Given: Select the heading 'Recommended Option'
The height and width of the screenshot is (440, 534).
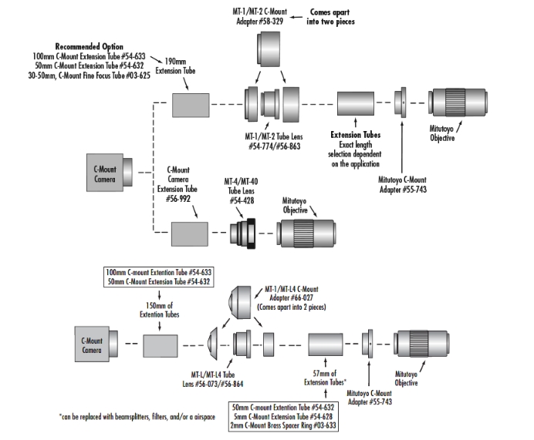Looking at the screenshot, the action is point(90,46).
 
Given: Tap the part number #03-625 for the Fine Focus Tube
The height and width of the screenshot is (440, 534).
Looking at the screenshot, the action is point(138,76).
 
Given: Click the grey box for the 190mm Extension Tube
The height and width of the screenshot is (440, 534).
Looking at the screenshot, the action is point(191,106).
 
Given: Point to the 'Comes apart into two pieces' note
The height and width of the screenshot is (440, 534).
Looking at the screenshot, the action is point(330,17).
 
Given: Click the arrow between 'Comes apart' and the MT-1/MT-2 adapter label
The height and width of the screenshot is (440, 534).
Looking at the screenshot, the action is point(296,17).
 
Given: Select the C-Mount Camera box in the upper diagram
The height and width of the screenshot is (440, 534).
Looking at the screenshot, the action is point(110,173).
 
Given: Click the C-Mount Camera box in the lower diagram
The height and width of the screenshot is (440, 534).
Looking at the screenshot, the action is point(96,344).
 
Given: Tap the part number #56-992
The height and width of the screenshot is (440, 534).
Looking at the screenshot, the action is point(177,199).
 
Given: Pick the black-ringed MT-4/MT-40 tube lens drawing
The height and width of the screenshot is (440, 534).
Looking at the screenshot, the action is point(242,233).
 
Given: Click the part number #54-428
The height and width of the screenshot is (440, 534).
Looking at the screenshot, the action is point(242,200).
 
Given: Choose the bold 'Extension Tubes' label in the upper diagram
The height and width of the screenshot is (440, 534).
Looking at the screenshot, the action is point(356,135).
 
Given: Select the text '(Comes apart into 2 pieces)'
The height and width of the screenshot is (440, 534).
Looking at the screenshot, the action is point(291,307).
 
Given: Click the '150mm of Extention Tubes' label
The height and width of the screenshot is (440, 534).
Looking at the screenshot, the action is point(160,310).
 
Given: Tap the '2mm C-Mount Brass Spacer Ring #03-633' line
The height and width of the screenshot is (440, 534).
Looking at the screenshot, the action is point(283,425).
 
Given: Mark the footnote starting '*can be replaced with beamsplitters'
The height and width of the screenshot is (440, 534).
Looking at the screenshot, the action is point(137,417).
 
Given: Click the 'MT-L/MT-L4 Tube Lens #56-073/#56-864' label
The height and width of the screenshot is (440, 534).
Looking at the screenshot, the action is point(213,379).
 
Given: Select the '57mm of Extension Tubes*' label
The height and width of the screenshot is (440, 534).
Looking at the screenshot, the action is point(325,378).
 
